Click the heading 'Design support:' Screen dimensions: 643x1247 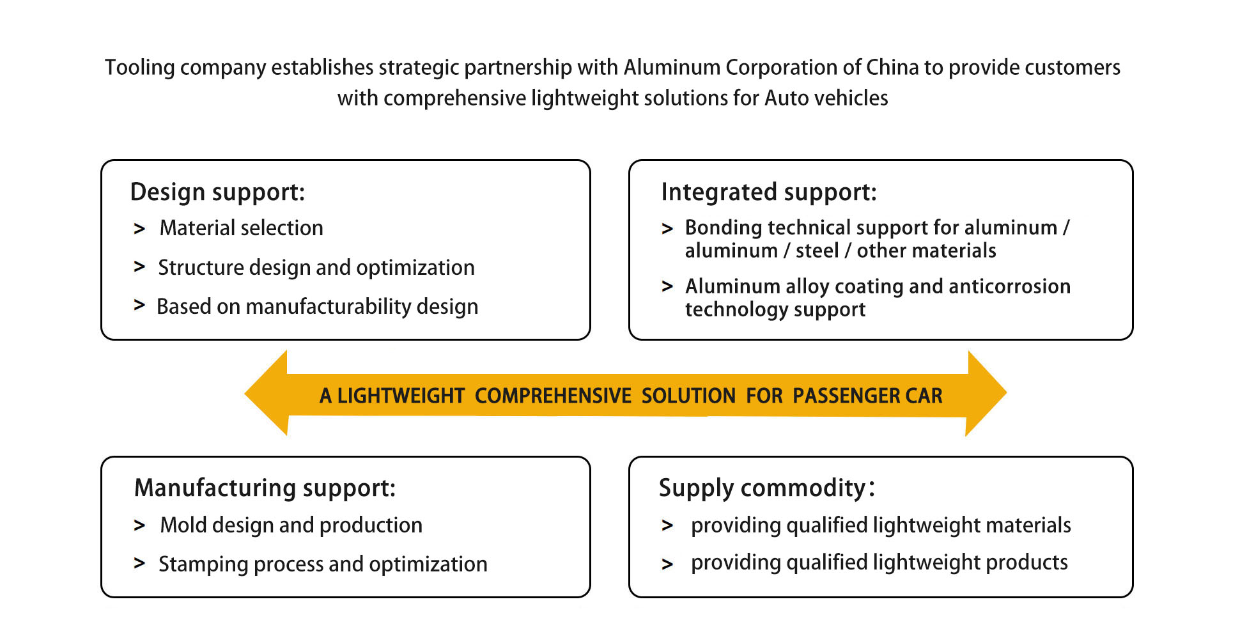pos(217,192)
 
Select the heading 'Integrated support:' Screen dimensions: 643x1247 pos(768,192)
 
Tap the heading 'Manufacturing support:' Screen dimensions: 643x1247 pos(265,488)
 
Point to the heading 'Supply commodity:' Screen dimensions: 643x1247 pos(766,488)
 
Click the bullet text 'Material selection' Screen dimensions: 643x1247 pos(241,228)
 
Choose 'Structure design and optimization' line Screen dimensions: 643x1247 pos(316,267)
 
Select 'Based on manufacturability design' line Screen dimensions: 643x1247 pos(317,307)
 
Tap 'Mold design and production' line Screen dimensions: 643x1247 pos(291,525)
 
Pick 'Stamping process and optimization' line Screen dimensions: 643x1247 pos(323,564)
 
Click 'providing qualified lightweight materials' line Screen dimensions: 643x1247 pos(880,525)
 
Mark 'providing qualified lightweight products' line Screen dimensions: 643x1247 pos(879,562)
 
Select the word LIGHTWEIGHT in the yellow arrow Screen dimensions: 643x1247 pos(401,396)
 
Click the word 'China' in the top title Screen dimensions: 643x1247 pos(892,67)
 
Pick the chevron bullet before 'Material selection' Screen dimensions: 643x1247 pos(139,228)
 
